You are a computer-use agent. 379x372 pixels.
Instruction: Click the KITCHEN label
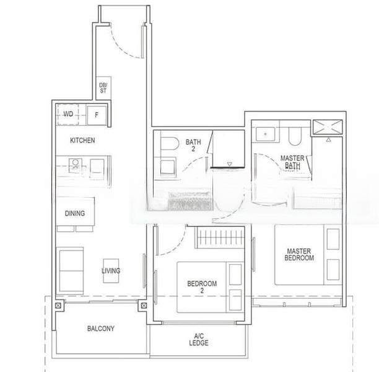(82, 141)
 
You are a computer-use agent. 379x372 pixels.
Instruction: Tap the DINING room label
(75, 213)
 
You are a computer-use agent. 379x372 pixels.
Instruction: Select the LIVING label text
(111, 271)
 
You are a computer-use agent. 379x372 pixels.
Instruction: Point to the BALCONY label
(100, 329)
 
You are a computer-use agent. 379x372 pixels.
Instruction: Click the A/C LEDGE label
(199, 340)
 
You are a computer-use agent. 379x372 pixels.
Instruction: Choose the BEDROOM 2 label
(202, 286)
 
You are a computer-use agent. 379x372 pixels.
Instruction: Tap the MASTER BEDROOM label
(300, 254)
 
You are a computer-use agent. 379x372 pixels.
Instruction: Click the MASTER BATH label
(292, 162)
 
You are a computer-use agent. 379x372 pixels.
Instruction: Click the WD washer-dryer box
(69, 114)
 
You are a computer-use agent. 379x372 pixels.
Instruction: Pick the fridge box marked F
(96, 115)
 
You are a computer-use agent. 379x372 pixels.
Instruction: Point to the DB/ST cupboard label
(103, 87)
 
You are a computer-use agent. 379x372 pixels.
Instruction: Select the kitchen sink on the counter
(75, 165)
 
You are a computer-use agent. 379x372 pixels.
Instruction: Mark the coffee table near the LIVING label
(111, 271)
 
